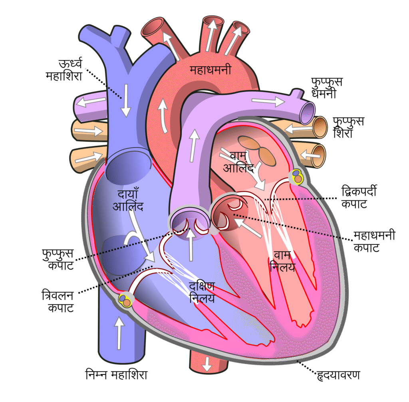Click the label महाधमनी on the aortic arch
[x=210, y=70]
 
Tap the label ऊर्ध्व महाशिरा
[x=64, y=69]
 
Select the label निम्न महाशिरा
[x=116, y=374]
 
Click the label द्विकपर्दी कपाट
[x=359, y=197]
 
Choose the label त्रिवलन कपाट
[x=58, y=301]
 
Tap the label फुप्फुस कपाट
[x=58, y=259]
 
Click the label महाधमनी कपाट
[x=374, y=241]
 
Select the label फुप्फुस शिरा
[x=348, y=127]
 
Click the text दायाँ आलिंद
[x=128, y=200]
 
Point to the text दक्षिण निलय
[x=202, y=292]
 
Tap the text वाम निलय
[x=282, y=261]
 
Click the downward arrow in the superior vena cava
[x=126, y=101]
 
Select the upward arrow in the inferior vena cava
[x=119, y=333]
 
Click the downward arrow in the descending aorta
[x=207, y=364]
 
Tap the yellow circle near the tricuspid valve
[x=125, y=300]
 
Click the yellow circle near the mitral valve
[x=298, y=177]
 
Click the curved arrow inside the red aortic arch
[x=163, y=116]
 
